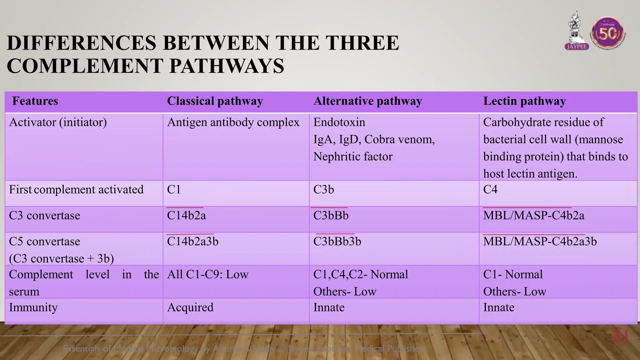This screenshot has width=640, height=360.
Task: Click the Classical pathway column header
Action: point(215,101)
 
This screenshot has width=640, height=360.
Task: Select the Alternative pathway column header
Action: point(367,101)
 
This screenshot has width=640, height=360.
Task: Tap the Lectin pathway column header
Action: point(524,101)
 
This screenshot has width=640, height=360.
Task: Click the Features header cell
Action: point(35,101)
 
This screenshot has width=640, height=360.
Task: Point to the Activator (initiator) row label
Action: point(58,122)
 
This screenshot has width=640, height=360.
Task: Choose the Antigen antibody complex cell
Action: point(233,122)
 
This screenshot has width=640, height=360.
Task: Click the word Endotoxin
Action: point(339,122)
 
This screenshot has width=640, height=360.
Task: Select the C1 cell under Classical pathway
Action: point(174,190)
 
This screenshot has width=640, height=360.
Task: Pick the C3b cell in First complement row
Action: point(323,190)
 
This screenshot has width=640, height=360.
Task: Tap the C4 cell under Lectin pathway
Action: point(490,190)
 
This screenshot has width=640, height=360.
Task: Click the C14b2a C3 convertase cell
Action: point(186,216)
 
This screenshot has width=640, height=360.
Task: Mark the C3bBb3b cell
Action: point(337,242)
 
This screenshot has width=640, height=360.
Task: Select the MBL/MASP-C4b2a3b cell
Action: point(540,242)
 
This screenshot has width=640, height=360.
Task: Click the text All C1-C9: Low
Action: point(207,275)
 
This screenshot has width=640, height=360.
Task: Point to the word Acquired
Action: point(190,307)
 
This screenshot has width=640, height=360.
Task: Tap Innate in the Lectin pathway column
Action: point(498,307)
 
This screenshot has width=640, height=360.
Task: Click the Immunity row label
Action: point(33,307)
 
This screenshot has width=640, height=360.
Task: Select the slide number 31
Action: point(621,337)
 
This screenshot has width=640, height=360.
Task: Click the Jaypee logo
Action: point(577,31)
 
